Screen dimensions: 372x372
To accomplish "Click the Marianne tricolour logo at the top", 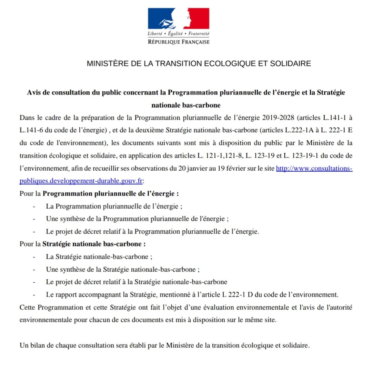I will [179, 19].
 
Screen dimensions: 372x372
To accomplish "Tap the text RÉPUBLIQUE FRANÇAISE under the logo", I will [179, 42].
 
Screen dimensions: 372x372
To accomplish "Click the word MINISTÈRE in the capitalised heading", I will [105, 63].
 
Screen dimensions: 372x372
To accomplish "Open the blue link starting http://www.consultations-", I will [314, 169].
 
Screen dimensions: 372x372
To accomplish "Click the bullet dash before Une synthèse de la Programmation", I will [34, 219].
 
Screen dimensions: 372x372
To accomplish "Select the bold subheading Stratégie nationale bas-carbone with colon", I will [94, 244].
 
